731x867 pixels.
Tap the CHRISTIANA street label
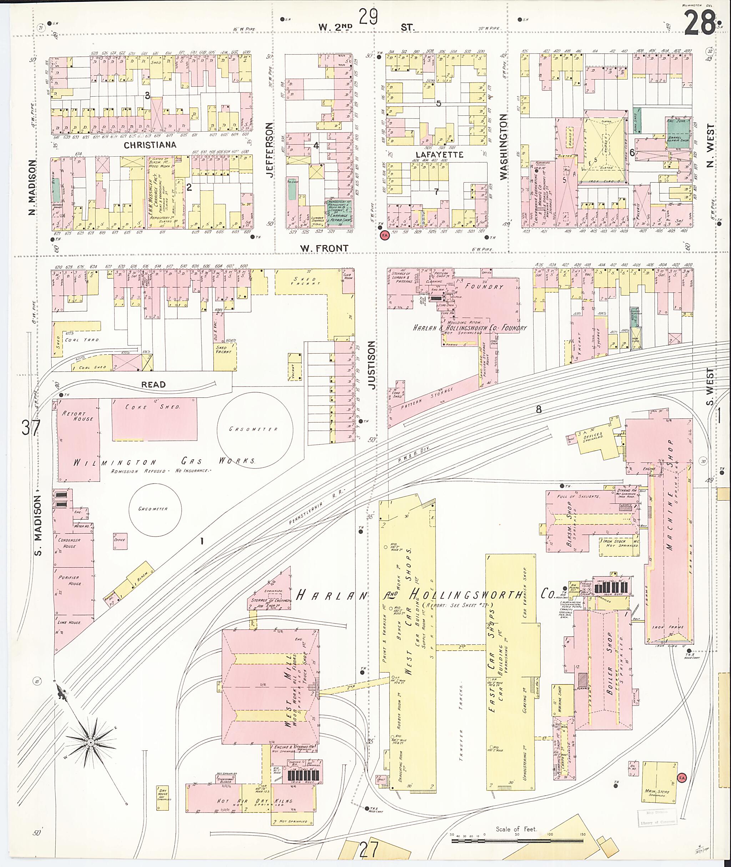[150, 145]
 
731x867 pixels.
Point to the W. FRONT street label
[324, 248]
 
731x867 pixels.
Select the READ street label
[153, 384]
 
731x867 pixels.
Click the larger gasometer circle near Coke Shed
[255, 429]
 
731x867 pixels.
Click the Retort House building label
[77, 416]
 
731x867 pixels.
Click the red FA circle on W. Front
[384, 235]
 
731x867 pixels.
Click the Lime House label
[69, 622]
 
